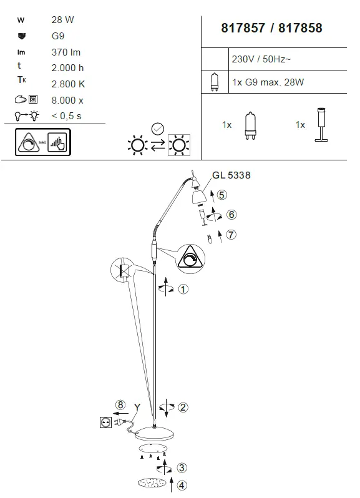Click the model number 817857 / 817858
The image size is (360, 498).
(272, 28)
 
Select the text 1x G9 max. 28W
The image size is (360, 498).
(268, 82)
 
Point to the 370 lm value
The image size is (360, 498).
(66, 52)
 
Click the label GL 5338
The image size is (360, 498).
(231, 175)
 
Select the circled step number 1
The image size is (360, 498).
(183, 289)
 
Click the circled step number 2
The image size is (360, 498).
(183, 408)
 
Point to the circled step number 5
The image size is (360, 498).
(222, 194)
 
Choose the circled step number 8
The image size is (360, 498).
(120, 403)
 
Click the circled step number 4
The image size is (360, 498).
(182, 484)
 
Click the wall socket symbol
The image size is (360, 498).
(105, 422)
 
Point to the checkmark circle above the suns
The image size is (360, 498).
(158, 129)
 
